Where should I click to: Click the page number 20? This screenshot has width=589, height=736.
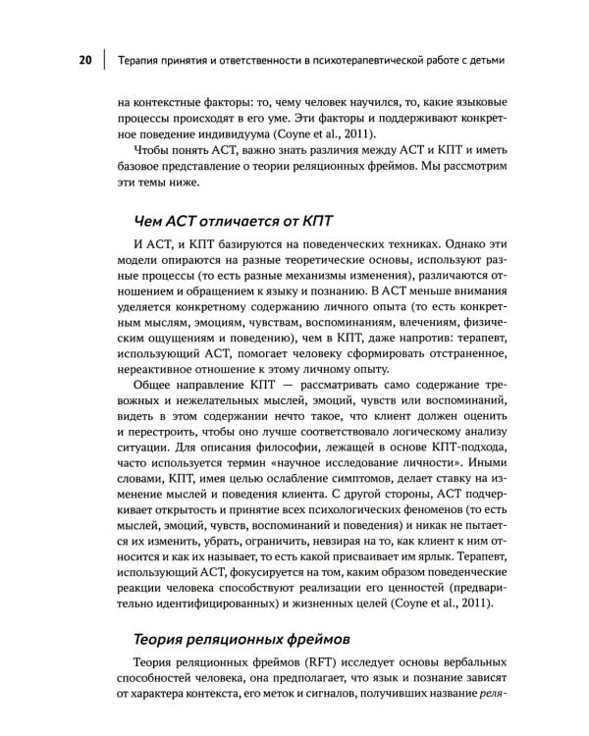click(x=84, y=60)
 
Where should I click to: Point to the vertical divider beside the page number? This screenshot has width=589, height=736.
click(x=104, y=60)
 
